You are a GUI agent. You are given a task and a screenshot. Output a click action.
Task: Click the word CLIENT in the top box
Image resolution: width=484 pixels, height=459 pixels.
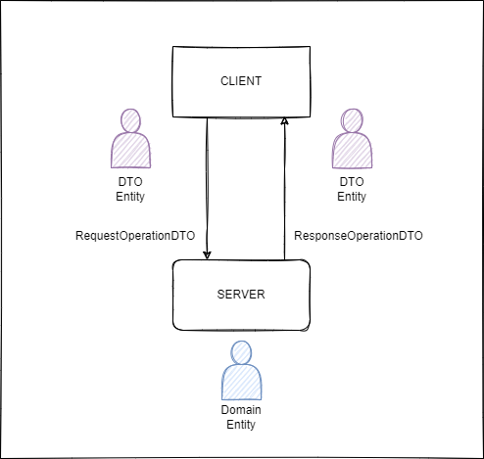tap(241, 81)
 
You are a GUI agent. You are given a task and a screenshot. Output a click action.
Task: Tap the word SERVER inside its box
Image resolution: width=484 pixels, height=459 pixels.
tap(241, 295)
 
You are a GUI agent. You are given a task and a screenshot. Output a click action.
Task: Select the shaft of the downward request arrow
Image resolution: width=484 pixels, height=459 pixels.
tap(207, 186)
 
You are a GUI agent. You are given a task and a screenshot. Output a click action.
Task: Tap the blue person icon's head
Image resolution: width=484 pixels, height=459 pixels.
tap(242, 354)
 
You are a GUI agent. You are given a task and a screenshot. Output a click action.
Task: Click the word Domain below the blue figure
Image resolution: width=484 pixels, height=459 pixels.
tap(242, 410)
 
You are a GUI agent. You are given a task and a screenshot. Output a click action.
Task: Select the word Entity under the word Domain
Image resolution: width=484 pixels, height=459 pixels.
tap(242, 425)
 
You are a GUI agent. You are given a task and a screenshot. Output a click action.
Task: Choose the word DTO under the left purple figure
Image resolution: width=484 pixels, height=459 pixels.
tap(130, 182)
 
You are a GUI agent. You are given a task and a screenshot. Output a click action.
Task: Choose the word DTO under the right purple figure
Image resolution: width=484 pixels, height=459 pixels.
tap(352, 182)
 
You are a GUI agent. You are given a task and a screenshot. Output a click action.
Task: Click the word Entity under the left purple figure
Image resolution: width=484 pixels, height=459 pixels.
tap(130, 197)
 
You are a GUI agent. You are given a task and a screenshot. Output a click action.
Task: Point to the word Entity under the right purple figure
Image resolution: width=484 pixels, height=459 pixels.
tap(352, 197)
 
